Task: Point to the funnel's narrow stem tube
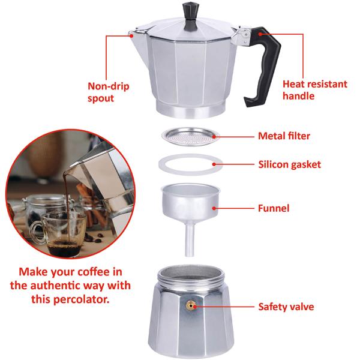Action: (190, 239)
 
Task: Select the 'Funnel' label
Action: (274, 208)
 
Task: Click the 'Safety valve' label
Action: (286, 307)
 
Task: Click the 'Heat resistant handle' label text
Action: (314, 90)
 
